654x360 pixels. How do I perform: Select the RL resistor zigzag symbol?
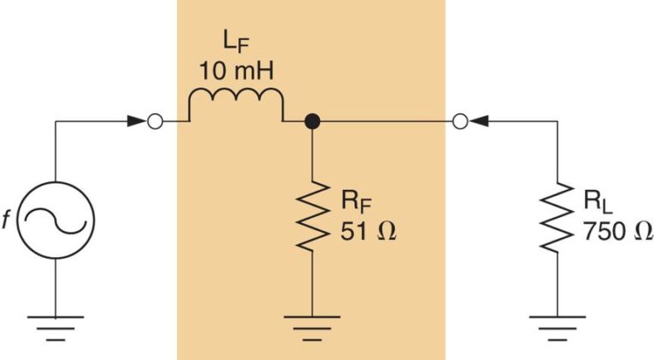coord(558,216)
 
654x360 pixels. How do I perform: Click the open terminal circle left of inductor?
coord(154,122)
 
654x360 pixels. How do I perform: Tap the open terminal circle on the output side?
coord(459,122)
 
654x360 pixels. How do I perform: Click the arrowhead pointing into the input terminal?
coord(137,122)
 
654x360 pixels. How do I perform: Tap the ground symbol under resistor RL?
coord(558,326)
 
